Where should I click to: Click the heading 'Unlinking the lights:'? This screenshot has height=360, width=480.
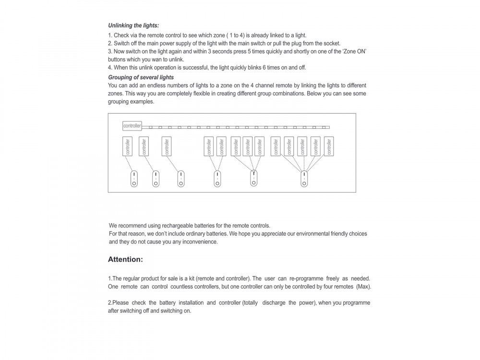pyautogui.click(x=133, y=25)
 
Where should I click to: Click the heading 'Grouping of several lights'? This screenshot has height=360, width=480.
pyautogui.click(x=141, y=77)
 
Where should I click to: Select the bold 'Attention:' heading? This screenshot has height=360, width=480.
pyautogui.click(x=125, y=259)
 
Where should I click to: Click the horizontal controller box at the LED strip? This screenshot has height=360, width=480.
pyautogui.click(x=132, y=126)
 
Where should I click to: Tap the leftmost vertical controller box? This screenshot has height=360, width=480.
pyautogui.click(x=128, y=146)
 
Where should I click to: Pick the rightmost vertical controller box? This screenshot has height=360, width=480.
pyautogui.click(x=329, y=146)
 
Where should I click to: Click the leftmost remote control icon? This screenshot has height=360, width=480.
pyautogui.click(x=134, y=179)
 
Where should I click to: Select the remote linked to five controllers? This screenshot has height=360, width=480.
pyautogui.click(x=304, y=179)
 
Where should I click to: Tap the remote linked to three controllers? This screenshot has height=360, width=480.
pyautogui.click(x=253, y=179)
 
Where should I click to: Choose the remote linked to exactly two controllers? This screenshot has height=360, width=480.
pyautogui.click(x=217, y=179)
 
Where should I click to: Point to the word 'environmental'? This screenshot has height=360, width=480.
pyautogui.click(x=314, y=234)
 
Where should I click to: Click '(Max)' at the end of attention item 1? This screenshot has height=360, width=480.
pyautogui.click(x=363, y=287)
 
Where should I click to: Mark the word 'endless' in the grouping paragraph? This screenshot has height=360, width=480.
pyautogui.click(x=155, y=85)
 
